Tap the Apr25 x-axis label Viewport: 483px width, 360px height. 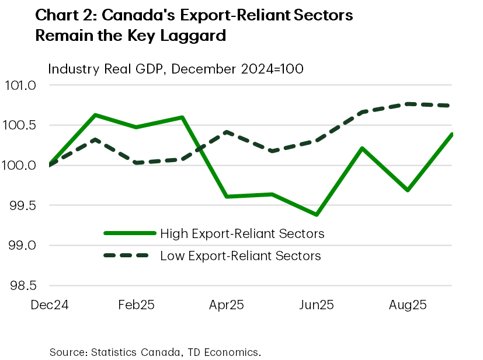pyautogui.click(x=227, y=305)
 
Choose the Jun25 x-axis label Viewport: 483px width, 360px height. pyautogui.click(x=316, y=305)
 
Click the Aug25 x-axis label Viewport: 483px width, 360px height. pyautogui.click(x=407, y=305)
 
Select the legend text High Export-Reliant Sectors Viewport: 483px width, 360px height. pyautogui.click(x=242, y=234)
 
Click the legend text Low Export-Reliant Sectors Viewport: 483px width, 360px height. pyautogui.click(x=240, y=256)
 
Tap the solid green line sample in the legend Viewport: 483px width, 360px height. pyautogui.click(x=129, y=233)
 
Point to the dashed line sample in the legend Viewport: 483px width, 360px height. pyautogui.click(x=129, y=256)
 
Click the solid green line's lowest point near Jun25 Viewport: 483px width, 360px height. pyautogui.click(x=317, y=215)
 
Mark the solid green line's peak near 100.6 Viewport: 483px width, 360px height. pyautogui.click(x=95, y=115)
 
